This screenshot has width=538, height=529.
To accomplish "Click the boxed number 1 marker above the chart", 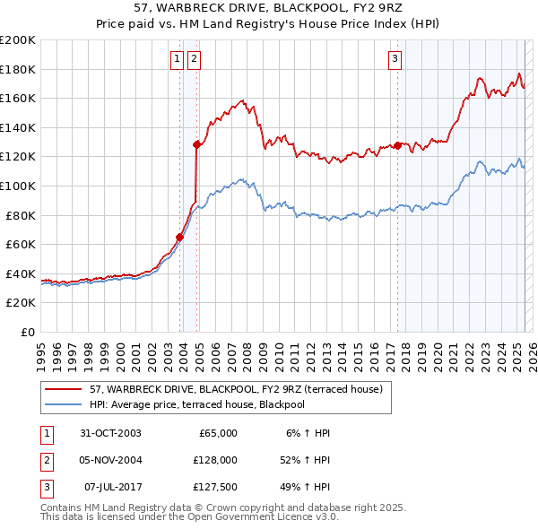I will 178,60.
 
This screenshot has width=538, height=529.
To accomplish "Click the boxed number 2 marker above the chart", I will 195,60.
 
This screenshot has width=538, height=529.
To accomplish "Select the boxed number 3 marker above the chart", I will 395,60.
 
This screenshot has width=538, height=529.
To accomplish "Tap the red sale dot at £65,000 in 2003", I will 179,238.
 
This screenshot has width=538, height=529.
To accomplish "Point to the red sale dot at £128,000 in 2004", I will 196,143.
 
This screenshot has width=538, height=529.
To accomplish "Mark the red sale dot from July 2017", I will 397,144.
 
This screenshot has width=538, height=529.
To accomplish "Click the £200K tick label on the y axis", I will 18,40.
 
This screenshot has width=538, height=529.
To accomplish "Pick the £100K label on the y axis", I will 18,186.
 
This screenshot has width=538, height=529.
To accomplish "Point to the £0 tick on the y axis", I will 28,332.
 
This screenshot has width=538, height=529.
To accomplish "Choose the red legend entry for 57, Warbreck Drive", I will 237,389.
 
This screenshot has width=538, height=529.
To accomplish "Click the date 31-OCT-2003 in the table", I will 110,433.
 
